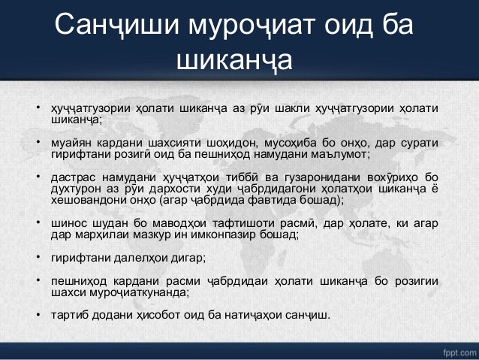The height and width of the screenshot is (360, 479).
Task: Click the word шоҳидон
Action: (237, 142)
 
